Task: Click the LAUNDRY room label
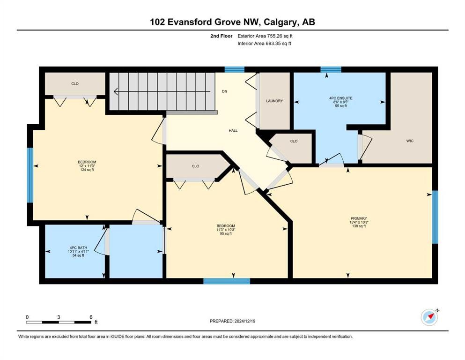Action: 274,101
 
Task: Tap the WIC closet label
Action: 410,141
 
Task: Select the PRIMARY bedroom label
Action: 359,218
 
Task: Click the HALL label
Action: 233,131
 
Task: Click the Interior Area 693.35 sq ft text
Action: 265,44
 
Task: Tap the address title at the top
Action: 232,22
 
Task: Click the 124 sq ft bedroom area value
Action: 87,170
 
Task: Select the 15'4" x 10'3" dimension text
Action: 359,222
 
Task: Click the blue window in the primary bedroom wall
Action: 434,217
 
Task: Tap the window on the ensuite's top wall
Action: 331,70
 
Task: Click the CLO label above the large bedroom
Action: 74,84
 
